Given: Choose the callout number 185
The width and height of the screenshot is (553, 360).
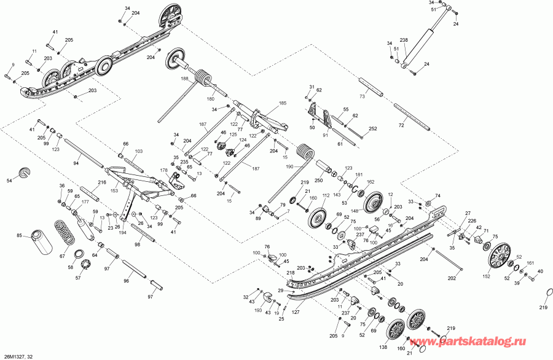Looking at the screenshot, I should click(283, 103).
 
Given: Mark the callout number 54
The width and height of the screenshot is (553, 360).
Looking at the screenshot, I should click(9, 181).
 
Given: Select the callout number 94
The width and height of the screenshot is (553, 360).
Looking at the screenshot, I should click(76, 164).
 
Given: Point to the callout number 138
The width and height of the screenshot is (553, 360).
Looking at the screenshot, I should click(383, 347).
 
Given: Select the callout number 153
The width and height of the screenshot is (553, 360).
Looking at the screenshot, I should click(114, 190).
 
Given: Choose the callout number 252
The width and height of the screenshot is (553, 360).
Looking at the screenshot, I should click(372, 129).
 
